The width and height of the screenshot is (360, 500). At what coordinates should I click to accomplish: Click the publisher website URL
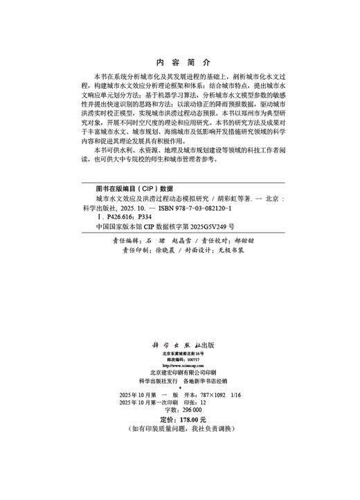179,366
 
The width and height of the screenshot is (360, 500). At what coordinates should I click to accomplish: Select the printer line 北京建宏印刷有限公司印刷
179,373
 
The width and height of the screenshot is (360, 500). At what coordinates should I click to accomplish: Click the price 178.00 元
192,420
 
